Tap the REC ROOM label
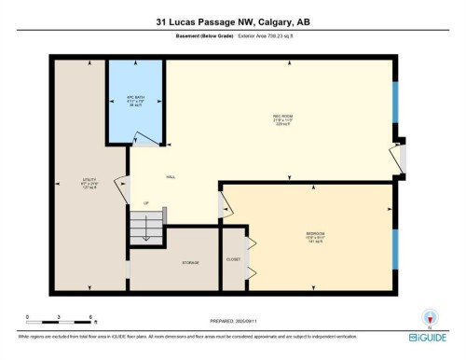pyautogui.click(x=271, y=116)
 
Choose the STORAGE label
pyautogui.click(x=190, y=263)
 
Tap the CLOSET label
pyautogui.click(x=233, y=258)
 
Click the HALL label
pyautogui.click(x=171, y=176)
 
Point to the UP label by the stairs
pyautogui.click(x=145, y=202)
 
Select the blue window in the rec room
pyautogui.click(x=395, y=103)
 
